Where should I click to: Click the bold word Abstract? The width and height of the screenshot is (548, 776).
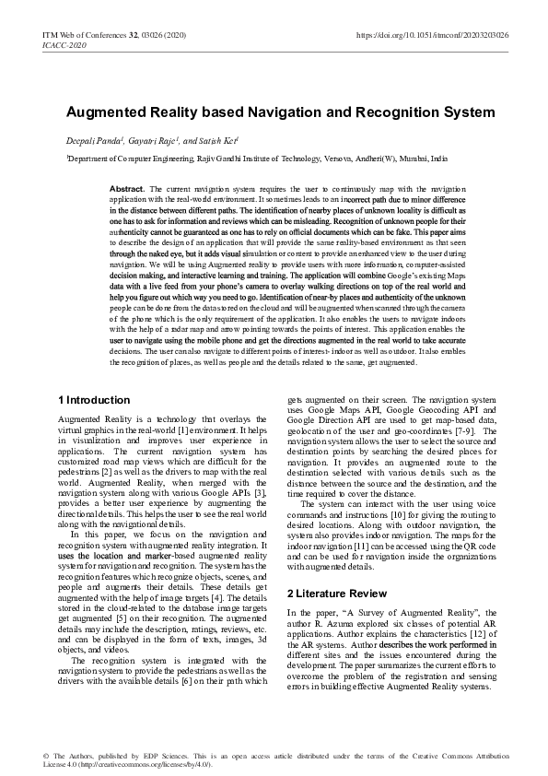click(126, 188)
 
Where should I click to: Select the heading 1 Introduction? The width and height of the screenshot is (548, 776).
click(93, 400)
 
